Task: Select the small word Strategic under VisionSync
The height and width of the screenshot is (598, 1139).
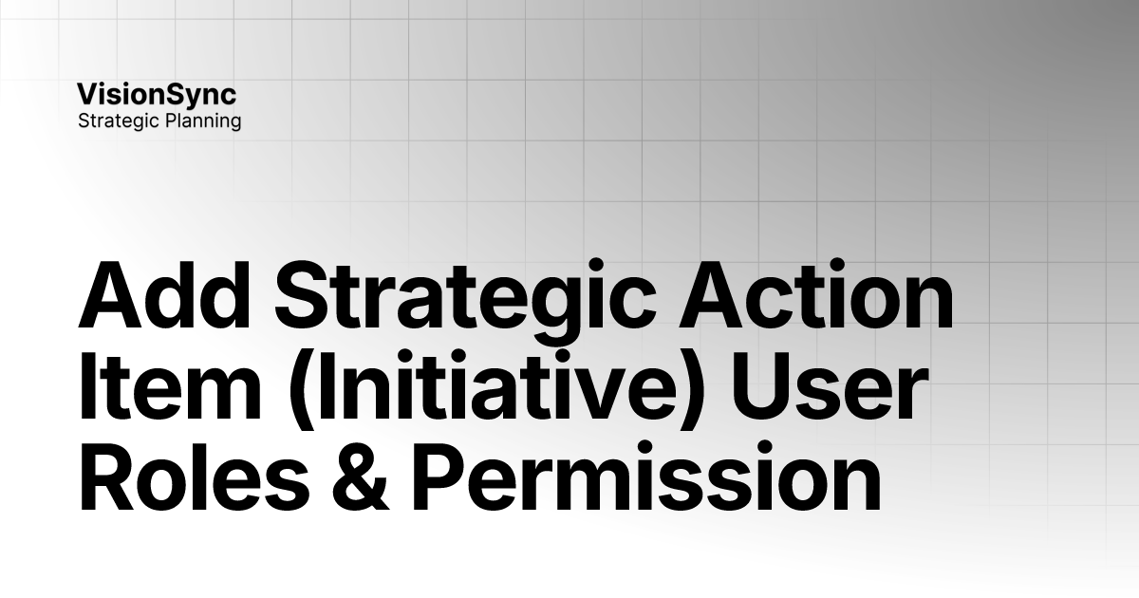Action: click(x=118, y=121)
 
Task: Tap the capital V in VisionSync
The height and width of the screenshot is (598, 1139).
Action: click(x=87, y=95)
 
